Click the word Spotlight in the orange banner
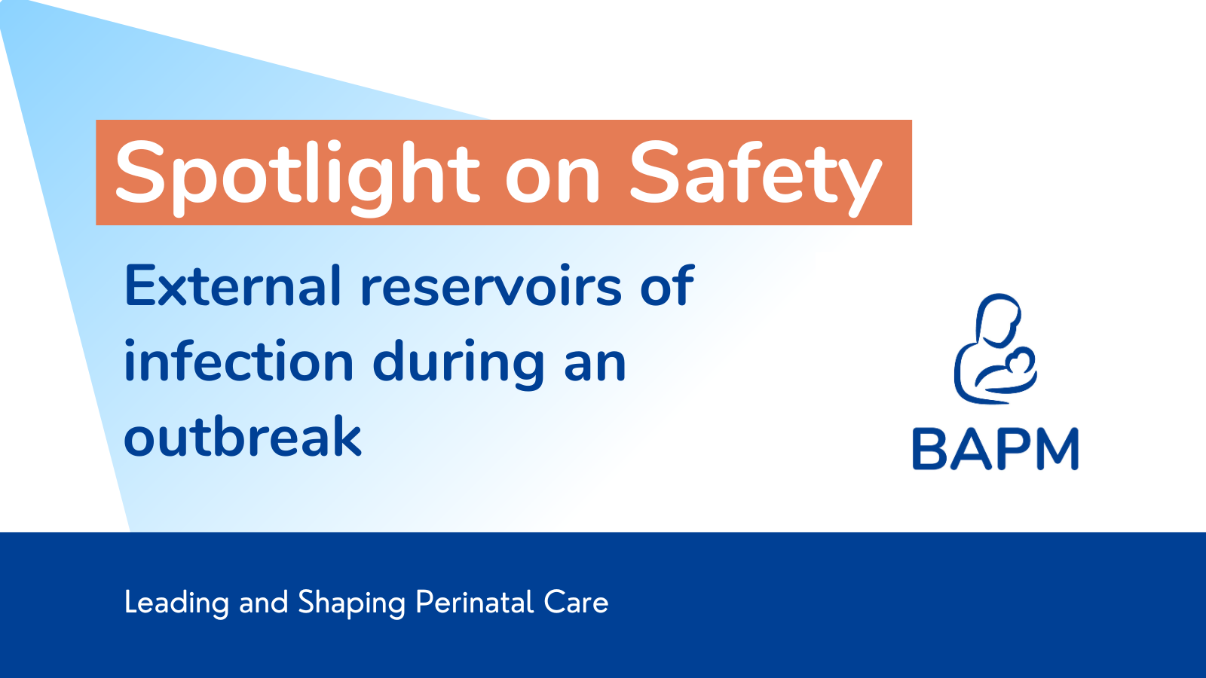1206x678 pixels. coord(297,178)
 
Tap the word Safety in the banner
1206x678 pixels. coord(756,178)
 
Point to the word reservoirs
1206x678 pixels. coord(491,286)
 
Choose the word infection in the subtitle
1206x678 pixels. coord(238,361)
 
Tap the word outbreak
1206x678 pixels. coord(243,436)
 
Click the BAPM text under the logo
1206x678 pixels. coord(996,449)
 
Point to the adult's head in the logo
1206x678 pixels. coord(999,319)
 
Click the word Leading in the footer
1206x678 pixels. coord(176,603)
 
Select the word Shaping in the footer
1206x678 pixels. coord(351,603)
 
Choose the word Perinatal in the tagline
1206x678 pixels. coord(474,602)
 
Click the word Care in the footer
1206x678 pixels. coord(576,602)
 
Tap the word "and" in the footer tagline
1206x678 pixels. coord(263,602)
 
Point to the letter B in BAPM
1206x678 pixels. coord(929,449)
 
